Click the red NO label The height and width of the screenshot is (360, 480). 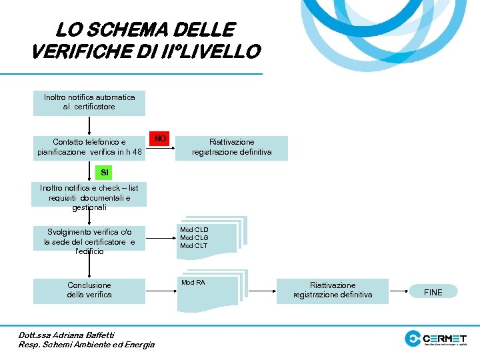[x=159, y=139]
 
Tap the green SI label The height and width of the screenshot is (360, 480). [x=104, y=173]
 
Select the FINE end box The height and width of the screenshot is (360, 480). [x=433, y=292]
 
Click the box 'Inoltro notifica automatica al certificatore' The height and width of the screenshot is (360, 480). [x=89, y=102]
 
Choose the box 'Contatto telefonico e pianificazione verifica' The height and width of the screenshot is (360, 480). [x=89, y=147]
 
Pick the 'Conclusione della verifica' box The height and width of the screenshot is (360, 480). [x=89, y=290]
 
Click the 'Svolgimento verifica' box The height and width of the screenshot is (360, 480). [x=89, y=241]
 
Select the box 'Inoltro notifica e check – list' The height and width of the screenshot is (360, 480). [x=89, y=197]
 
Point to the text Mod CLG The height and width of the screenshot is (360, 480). [x=194, y=237]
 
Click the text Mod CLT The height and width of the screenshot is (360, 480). [x=194, y=246]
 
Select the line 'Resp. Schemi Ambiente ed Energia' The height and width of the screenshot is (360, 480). [x=87, y=345]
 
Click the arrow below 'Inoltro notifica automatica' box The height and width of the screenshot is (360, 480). [x=89, y=126]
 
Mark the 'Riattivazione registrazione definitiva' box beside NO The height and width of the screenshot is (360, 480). [x=231, y=147]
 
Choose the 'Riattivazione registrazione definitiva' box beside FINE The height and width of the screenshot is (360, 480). [x=333, y=290]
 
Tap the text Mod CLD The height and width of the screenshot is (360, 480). [x=194, y=229]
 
